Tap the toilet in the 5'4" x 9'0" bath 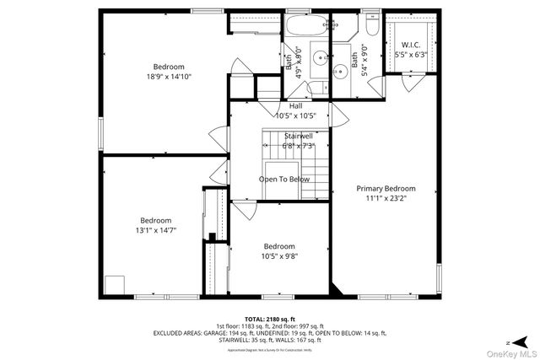click(x=344, y=24)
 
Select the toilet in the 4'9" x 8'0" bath click(x=318, y=83)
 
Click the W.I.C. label click(x=411, y=45)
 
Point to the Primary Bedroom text click(x=386, y=189)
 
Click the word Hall click(x=295, y=105)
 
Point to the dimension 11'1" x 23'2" click(x=386, y=199)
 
